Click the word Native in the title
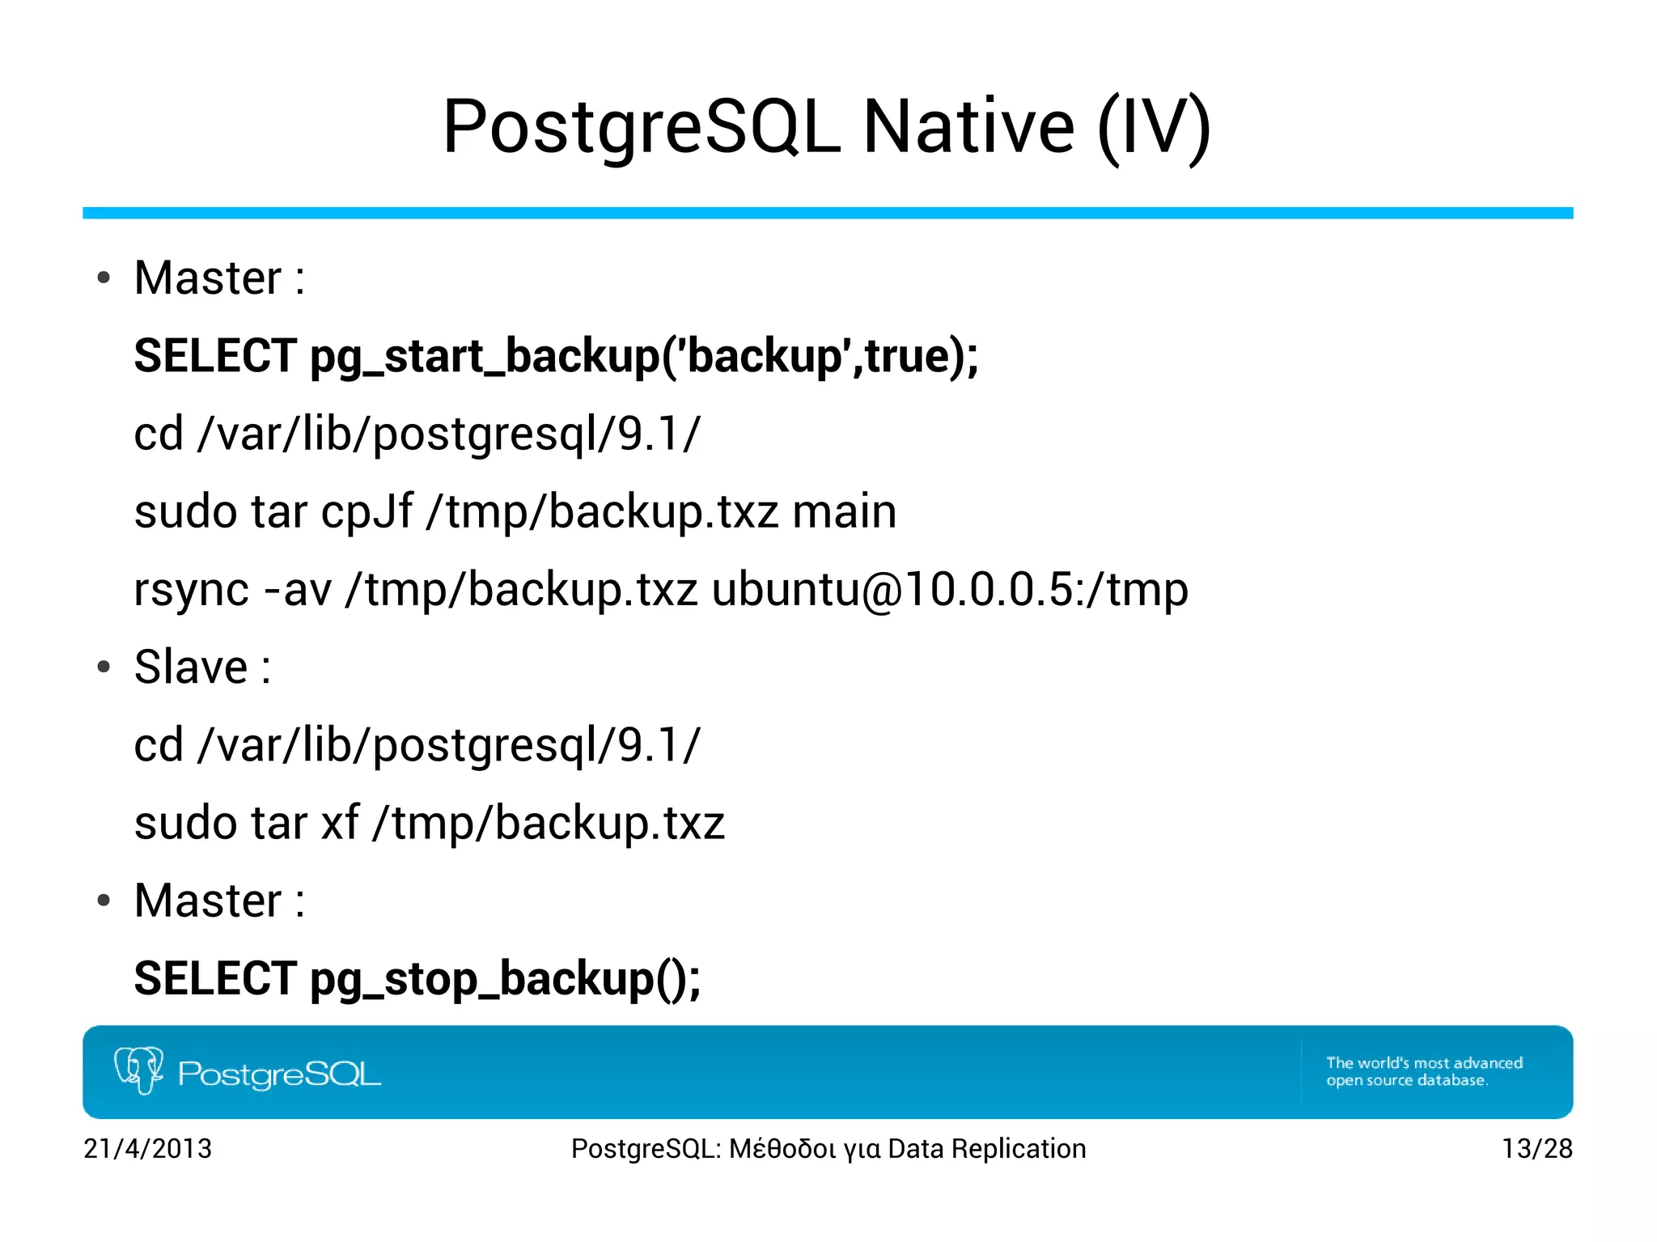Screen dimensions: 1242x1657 pos(968,127)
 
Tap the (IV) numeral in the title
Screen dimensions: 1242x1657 pos(1154,127)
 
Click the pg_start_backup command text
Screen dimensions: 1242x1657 pos(644,356)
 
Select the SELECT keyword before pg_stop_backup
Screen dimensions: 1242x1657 pos(215,978)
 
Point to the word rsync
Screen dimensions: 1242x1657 pos(191,590)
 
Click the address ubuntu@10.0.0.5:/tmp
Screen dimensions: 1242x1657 pos(950,589)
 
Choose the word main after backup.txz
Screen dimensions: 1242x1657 pos(844,512)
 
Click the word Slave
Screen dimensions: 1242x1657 pos(191,667)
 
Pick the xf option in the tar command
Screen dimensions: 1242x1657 pos(340,823)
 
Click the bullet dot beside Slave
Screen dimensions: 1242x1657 pos(104,668)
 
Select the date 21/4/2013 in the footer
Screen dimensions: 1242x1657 pos(148,1149)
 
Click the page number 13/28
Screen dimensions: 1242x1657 pos(1536,1149)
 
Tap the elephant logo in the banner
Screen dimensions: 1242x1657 pos(139,1070)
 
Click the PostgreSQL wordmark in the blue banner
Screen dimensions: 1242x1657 pos(279,1075)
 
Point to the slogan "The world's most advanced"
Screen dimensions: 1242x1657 pos(1424,1063)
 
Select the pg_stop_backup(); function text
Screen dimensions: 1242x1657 pos(506,979)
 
